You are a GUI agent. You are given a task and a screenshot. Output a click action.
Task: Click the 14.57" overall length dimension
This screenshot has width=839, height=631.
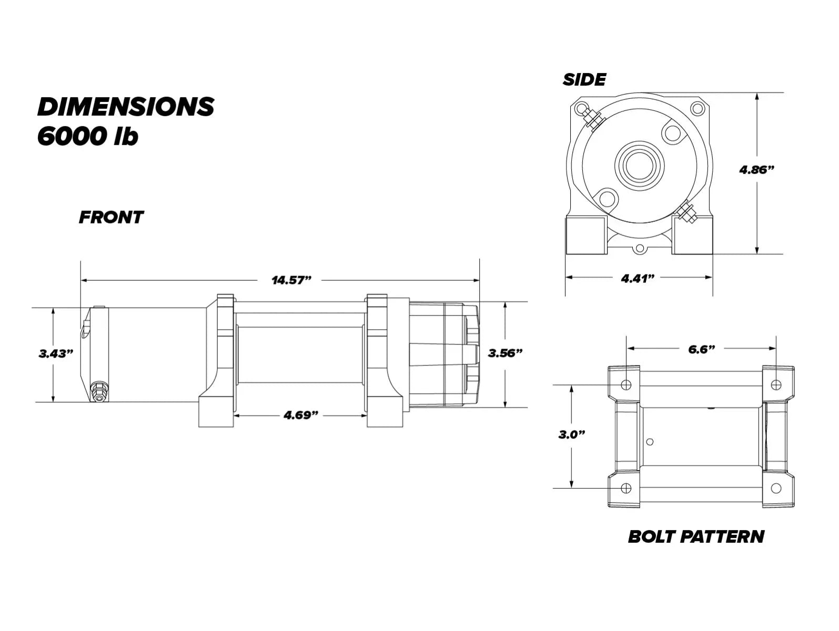pyautogui.click(x=291, y=280)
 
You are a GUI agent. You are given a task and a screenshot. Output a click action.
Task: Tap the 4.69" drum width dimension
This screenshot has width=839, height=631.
pyautogui.click(x=300, y=415)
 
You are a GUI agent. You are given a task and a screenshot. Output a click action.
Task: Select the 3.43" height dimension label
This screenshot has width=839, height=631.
pyautogui.click(x=56, y=353)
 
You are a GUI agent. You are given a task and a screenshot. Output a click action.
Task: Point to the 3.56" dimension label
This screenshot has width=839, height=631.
pyautogui.click(x=505, y=353)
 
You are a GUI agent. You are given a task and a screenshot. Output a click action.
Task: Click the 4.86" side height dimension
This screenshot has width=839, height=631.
pyautogui.click(x=756, y=170)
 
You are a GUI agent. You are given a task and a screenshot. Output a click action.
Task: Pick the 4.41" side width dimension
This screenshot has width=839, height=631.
pyautogui.click(x=638, y=279)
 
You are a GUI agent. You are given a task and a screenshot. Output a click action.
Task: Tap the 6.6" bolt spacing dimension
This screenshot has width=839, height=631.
pyautogui.click(x=701, y=349)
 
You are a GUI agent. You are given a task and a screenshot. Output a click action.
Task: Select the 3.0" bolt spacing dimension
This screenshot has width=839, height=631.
pyautogui.click(x=571, y=434)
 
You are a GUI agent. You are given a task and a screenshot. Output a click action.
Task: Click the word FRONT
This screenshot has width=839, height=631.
pyautogui.click(x=111, y=217)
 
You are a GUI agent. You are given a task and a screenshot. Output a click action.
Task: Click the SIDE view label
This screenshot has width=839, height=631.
pyautogui.click(x=584, y=79)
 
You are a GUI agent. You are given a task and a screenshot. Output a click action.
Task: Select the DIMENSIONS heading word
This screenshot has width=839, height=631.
pyautogui.click(x=126, y=107)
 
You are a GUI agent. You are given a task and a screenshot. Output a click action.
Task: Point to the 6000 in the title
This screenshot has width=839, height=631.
pyautogui.click(x=72, y=136)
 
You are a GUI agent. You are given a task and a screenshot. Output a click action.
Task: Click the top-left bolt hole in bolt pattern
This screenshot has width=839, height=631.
pyautogui.click(x=626, y=384)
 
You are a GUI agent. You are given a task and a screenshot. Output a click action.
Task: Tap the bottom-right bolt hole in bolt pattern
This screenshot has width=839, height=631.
pyautogui.click(x=776, y=488)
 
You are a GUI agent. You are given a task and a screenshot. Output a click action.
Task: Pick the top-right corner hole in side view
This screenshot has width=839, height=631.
pyautogui.click(x=697, y=108)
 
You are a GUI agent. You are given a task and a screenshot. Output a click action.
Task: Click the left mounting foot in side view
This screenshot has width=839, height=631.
pyautogui.click(x=586, y=235)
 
